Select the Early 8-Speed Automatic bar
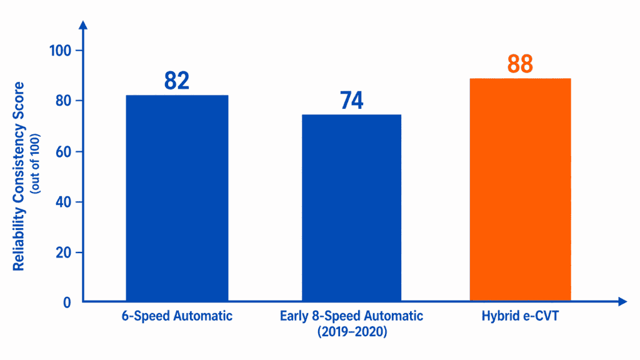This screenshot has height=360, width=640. pyautogui.click(x=351, y=207)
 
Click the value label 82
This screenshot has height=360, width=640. pyautogui.click(x=177, y=81)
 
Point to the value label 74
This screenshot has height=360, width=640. pyautogui.click(x=351, y=101)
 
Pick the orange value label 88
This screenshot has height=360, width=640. pyautogui.click(x=520, y=64)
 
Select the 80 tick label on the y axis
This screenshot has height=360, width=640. pyautogui.click(x=64, y=101)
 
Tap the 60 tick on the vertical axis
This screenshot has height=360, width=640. pyautogui.click(x=64, y=151)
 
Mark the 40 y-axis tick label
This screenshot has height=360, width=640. pyautogui.click(x=64, y=202)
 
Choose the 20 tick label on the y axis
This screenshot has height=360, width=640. pyautogui.click(x=64, y=252)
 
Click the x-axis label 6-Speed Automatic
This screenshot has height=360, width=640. pyautogui.click(x=177, y=316)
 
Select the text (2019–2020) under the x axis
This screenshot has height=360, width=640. pyautogui.click(x=351, y=332)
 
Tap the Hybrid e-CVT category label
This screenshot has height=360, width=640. pyautogui.click(x=520, y=316)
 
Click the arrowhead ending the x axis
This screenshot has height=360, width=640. pyautogui.click(x=622, y=302)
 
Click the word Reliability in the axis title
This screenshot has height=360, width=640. pyautogui.click(x=19, y=244)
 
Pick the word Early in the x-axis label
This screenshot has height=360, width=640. pyautogui.click(x=294, y=316)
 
